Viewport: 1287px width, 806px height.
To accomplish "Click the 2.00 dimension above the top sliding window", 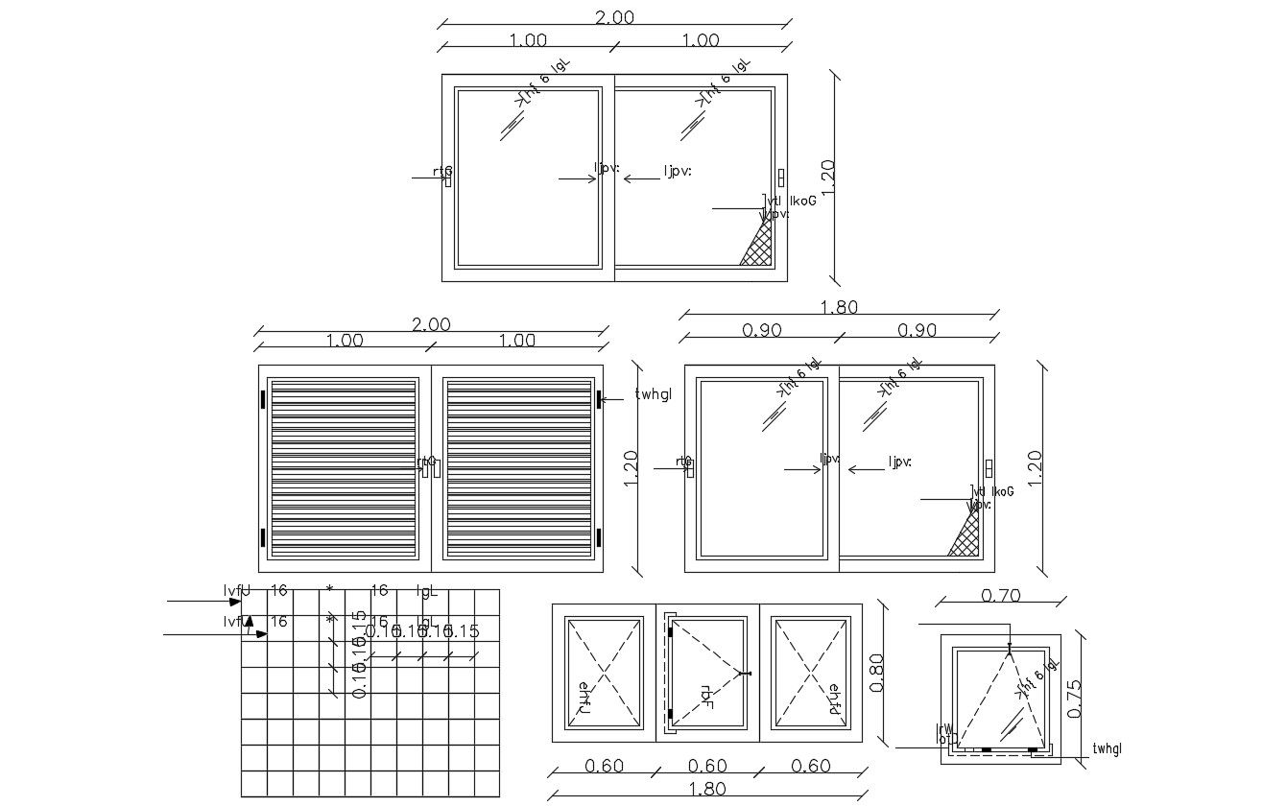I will coord(614,17).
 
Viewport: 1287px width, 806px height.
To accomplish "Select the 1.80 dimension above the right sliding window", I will coord(839,307).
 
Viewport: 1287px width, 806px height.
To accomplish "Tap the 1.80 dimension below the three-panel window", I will coord(708,789).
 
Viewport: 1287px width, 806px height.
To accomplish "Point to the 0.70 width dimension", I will coord(1000,596).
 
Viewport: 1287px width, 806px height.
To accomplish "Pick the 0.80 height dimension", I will coord(876,673).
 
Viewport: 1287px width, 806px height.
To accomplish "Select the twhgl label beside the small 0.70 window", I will coord(1107,749).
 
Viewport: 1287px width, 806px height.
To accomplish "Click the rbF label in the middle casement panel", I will coord(706,697).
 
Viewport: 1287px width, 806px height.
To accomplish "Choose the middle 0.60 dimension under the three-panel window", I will coord(707,766).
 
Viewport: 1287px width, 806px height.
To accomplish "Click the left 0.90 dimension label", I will coord(762,330).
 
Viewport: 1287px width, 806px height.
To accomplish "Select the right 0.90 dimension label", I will coord(917,330).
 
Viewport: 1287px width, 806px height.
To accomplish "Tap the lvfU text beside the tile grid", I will coord(236,590).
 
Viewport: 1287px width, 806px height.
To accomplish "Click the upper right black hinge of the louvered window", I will coord(598,398).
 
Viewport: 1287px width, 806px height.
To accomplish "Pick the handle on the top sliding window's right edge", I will coord(781,178).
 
